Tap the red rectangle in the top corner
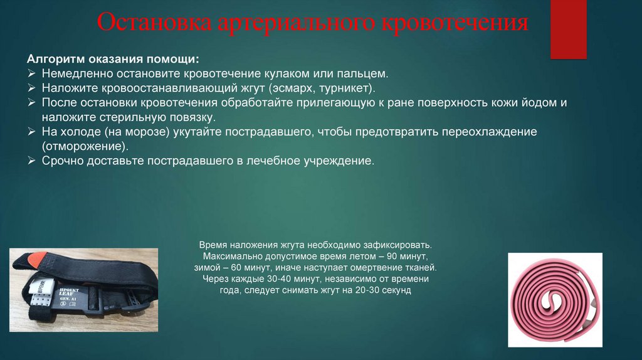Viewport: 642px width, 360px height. click(x=568, y=29)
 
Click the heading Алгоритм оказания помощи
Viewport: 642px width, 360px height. click(x=113, y=59)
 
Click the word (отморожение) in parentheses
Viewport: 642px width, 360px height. click(x=85, y=146)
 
